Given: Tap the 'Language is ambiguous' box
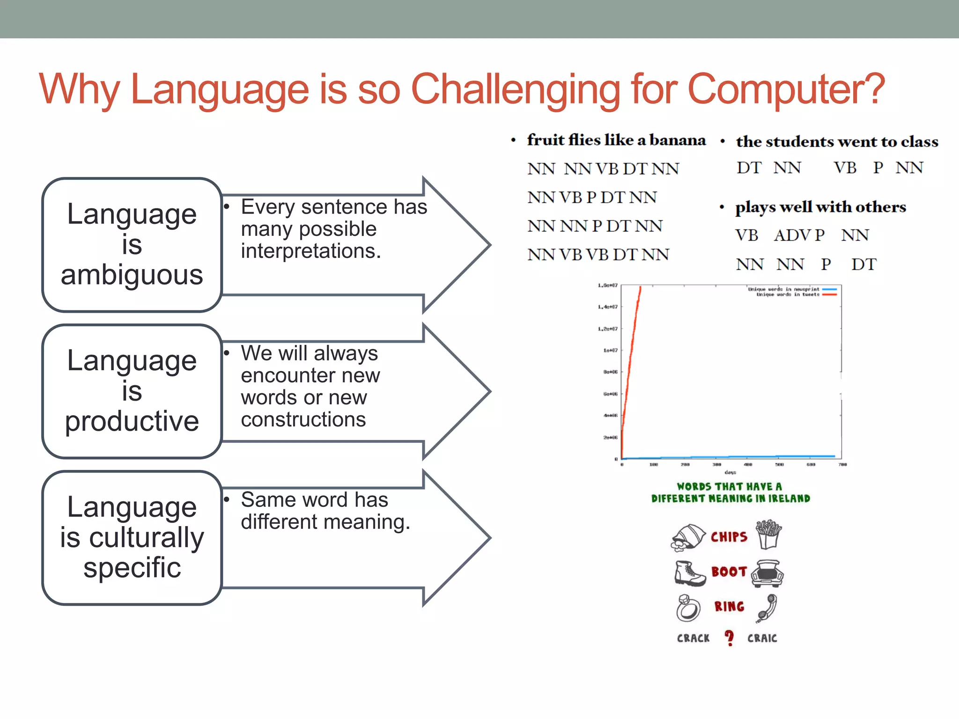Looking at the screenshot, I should pos(132,245).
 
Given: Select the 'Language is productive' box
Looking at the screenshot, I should pos(132,391).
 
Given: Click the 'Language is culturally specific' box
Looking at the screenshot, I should pos(132,537).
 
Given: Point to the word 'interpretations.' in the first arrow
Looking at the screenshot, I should pos(310,251).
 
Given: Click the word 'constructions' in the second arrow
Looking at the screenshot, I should pos(303,419).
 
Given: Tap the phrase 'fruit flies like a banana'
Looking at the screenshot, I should pos(616,140).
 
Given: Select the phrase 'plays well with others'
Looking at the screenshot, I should pos(820,207).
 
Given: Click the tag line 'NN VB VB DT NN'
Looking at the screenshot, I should pos(598,255).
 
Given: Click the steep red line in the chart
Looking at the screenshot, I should pos(632,356).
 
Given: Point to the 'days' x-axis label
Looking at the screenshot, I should pos(730,472).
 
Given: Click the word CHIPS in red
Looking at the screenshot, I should pos(729,537).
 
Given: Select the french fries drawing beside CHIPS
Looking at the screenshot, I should pos(768,534).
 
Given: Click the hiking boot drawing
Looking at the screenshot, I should pos(689,573).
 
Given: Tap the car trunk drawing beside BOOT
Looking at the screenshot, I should pos(767,573).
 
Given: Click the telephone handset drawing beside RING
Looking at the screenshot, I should pos(767,608).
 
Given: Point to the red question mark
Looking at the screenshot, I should pos(729,638).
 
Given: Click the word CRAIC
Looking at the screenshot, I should pos(762,638).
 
